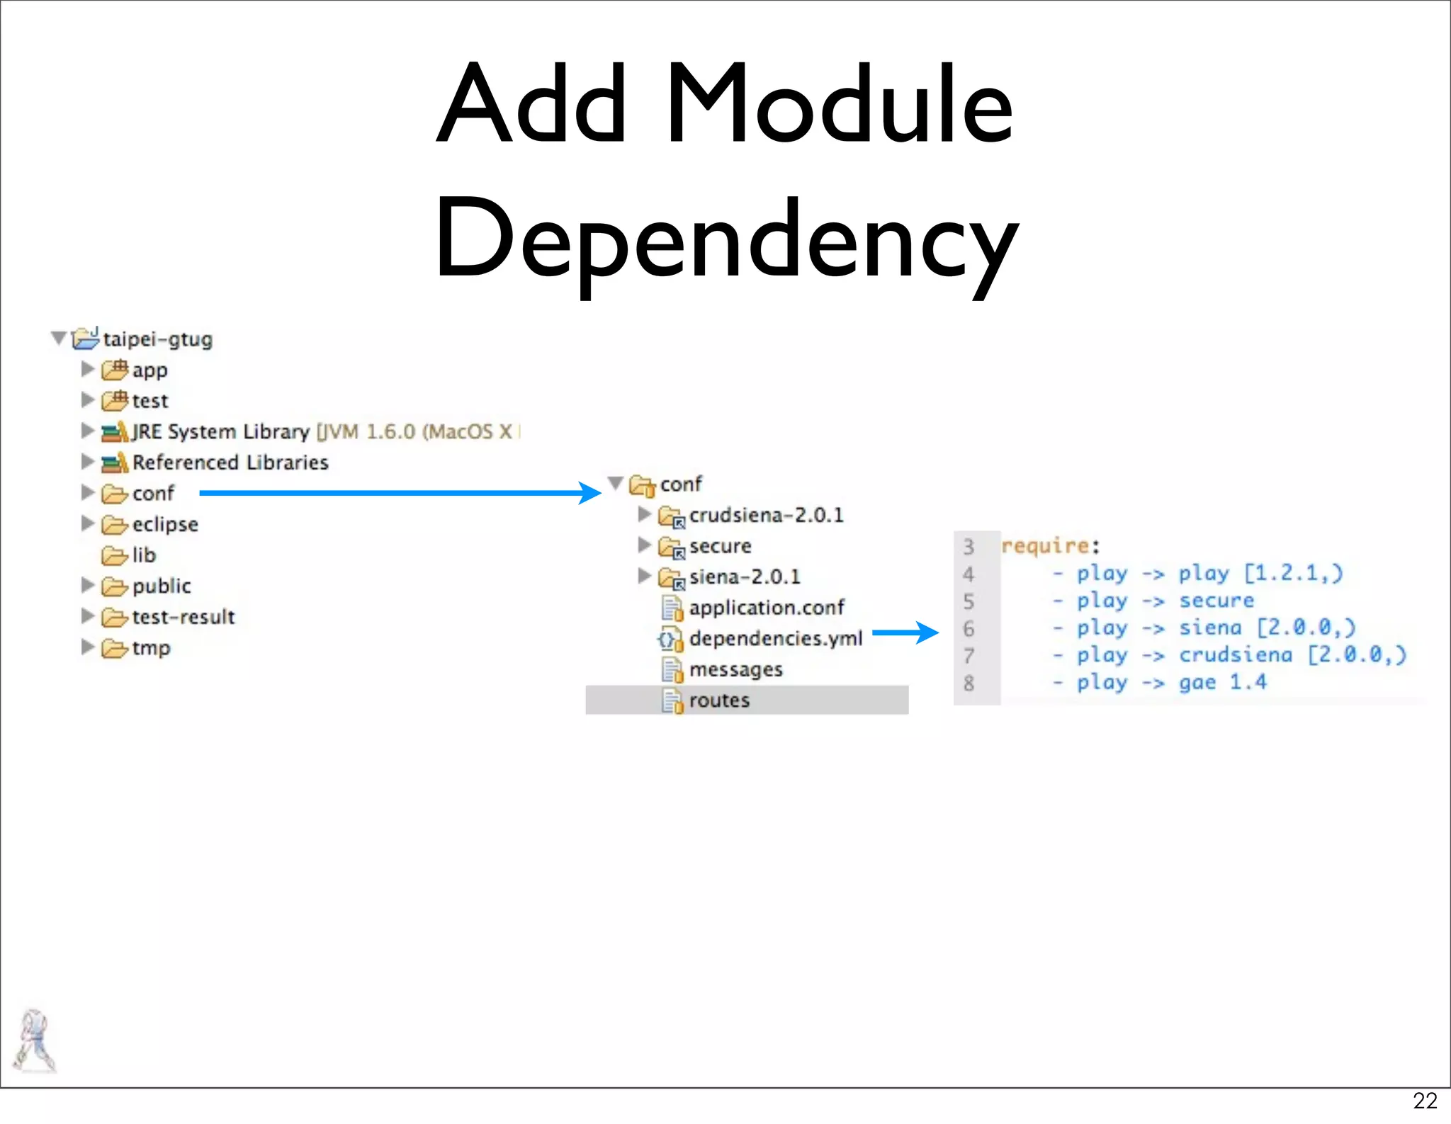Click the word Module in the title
pyautogui.click(x=840, y=105)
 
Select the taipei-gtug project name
pyautogui.click(x=157, y=339)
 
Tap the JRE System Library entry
pyautogui.click(x=221, y=431)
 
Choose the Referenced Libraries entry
pyautogui.click(x=230, y=462)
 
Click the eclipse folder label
pyautogui.click(x=165, y=524)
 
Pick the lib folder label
pyautogui.click(x=144, y=555)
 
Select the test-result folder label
pyautogui.click(x=184, y=617)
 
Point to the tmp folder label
pyautogui.click(x=151, y=648)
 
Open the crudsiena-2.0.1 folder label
pyautogui.click(x=766, y=515)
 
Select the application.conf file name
pyautogui.click(x=767, y=608)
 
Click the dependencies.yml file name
pyautogui.click(x=776, y=639)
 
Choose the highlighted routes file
pyautogui.click(x=719, y=700)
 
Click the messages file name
pyautogui.click(x=735, y=669)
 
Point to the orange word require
pyautogui.click(x=1045, y=546)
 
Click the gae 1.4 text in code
pyautogui.click(x=1222, y=683)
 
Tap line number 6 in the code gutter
pyautogui.click(x=969, y=629)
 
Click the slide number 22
pyautogui.click(x=1425, y=1101)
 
